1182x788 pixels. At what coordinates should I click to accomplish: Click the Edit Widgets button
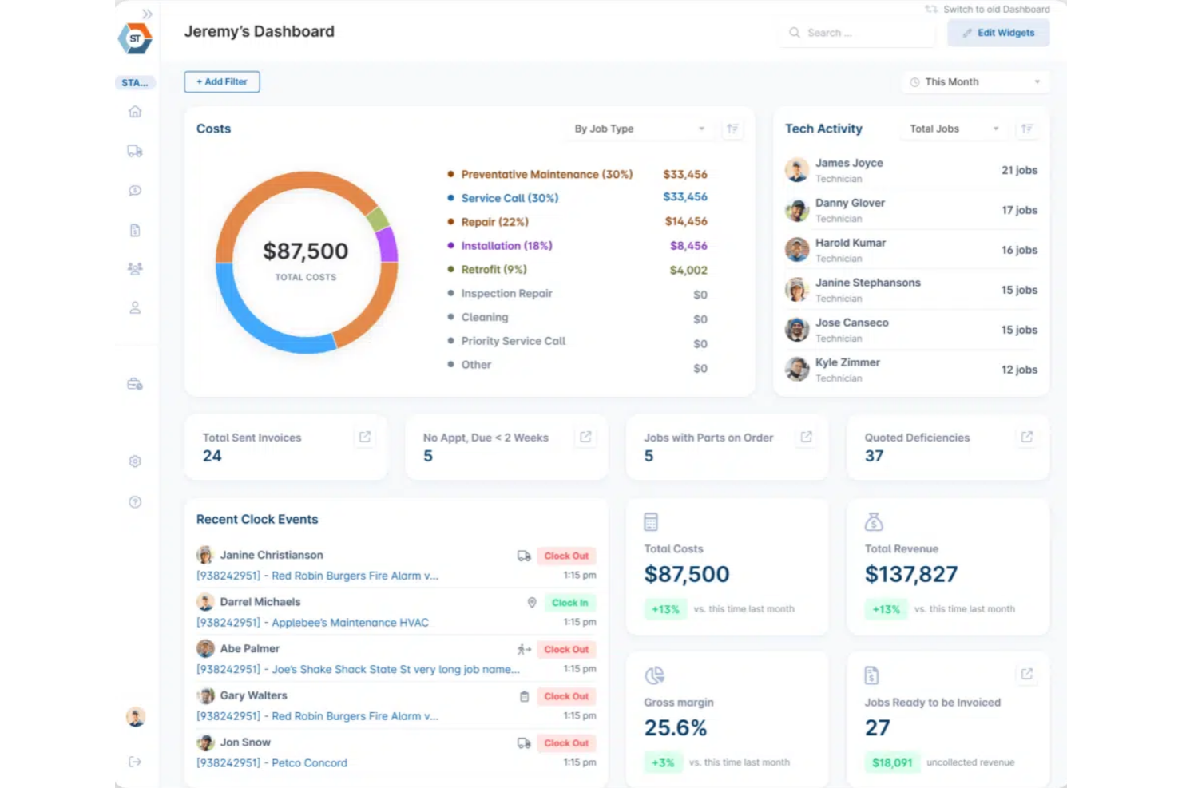click(998, 33)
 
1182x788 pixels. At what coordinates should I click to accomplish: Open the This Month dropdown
click(975, 82)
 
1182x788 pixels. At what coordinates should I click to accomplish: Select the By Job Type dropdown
click(639, 129)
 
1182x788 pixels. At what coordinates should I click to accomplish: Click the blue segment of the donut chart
click(264, 327)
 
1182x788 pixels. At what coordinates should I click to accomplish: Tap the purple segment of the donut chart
click(388, 244)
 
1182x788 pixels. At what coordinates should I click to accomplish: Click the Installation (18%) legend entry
click(506, 246)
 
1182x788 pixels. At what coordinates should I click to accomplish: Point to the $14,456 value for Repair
click(685, 222)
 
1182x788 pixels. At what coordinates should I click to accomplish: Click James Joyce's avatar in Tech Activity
click(797, 170)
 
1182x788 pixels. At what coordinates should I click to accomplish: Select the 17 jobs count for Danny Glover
click(1019, 210)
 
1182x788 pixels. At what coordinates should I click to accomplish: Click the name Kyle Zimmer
click(847, 362)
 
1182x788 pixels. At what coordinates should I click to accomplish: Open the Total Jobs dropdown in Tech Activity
click(954, 129)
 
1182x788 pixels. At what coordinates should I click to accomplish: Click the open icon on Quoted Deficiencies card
click(1027, 437)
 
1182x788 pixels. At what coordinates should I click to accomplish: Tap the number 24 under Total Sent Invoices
click(212, 456)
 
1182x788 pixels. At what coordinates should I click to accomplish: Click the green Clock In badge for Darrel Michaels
click(569, 603)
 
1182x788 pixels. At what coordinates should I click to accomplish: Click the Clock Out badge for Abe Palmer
click(566, 650)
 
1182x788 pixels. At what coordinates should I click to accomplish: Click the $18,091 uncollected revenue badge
click(892, 763)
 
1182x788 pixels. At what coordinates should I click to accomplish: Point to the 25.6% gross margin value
click(676, 728)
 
